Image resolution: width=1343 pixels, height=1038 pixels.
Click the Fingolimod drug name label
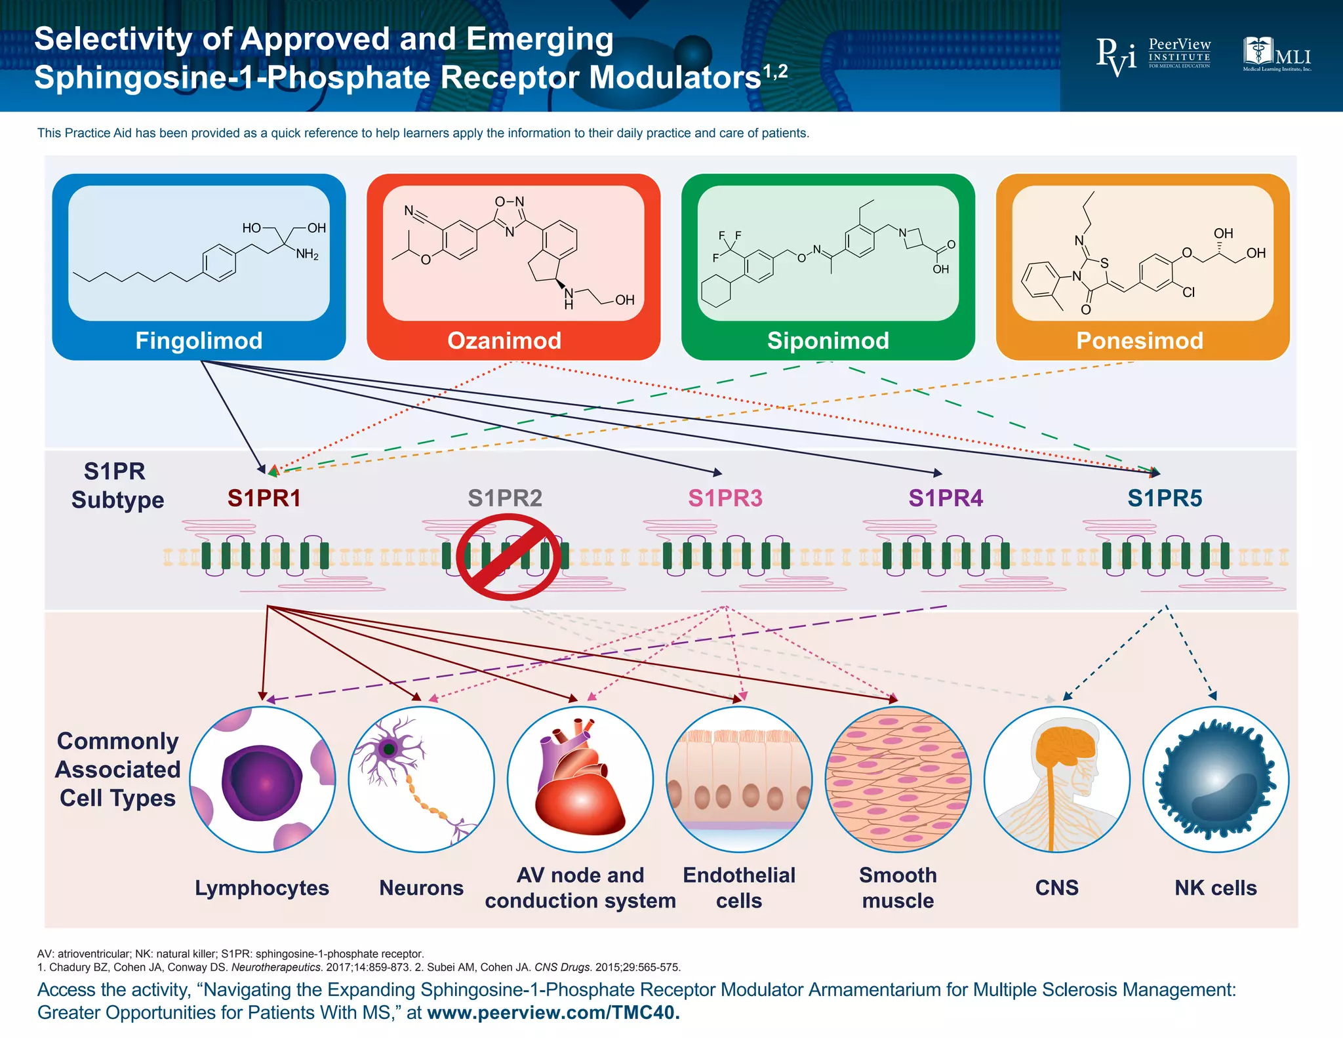pyautogui.click(x=199, y=341)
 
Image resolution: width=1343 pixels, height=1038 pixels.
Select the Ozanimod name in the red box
pyautogui.click(x=504, y=341)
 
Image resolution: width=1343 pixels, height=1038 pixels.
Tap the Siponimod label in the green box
pyautogui.click(x=828, y=341)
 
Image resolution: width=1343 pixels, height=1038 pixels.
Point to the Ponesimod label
pyautogui.click(x=1139, y=341)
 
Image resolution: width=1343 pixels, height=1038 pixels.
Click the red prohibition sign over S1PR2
pyautogui.click(x=508, y=557)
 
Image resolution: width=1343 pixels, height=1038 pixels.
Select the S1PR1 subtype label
pyautogui.click(x=264, y=498)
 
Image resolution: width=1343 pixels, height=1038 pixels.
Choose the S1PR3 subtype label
pyautogui.click(x=725, y=498)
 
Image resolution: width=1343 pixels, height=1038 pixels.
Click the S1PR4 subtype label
pyautogui.click(x=945, y=498)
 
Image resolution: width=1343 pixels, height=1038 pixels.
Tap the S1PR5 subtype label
pyautogui.click(x=1164, y=498)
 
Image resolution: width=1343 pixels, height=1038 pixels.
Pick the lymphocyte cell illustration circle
pyautogui.click(x=262, y=780)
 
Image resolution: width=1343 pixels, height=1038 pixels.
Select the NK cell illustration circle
pyautogui.click(x=1215, y=780)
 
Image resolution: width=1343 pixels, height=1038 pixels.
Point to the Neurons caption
pyautogui.click(x=421, y=888)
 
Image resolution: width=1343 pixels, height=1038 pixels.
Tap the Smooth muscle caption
pyautogui.click(x=898, y=888)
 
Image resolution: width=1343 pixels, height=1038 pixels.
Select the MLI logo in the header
pyautogui.click(x=1276, y=54)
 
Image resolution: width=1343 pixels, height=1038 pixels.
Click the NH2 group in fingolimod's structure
pyautogui.click(x=307, y=254)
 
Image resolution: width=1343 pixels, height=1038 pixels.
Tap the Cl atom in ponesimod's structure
pyautogui.click(x=1188, y=292)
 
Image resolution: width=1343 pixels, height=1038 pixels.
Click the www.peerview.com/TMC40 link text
pyautogui.click(x=553, y=1012)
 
